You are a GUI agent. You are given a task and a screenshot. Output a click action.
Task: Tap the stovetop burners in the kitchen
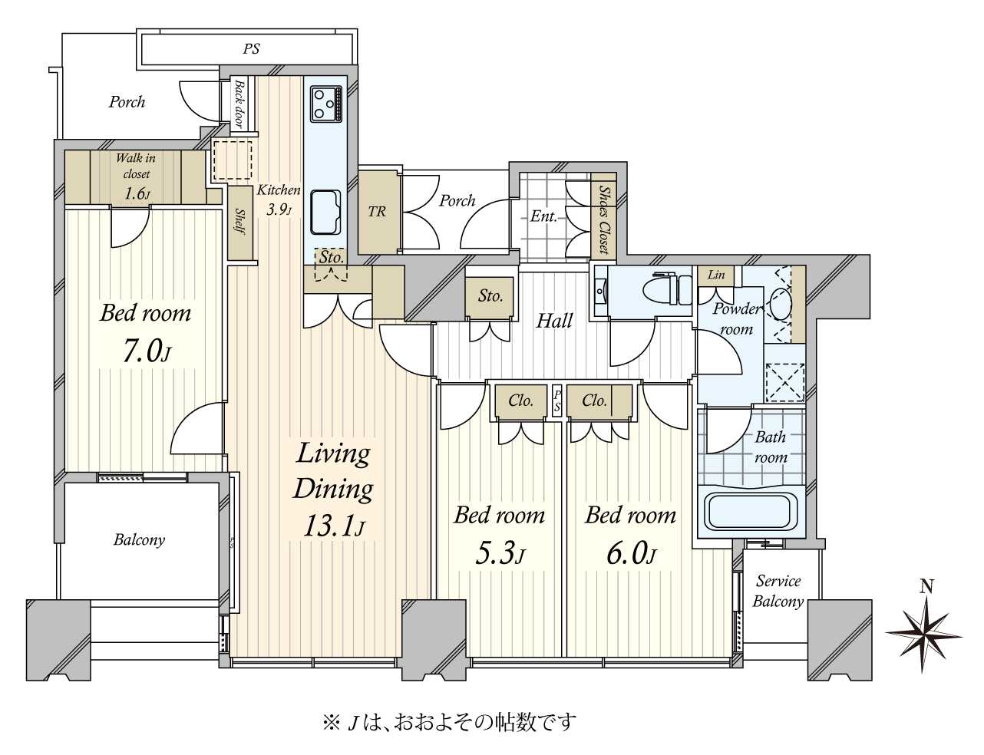click(326, 104)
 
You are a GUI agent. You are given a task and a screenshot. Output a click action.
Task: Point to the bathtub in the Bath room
click(751, 511)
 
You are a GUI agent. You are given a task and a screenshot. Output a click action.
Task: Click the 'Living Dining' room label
click(333, 472)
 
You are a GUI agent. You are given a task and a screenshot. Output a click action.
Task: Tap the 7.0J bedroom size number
click(146, 353)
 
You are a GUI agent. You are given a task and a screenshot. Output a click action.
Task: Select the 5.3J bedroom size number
click(500, 554)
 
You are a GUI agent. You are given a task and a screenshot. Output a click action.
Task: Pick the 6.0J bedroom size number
click(631, 554)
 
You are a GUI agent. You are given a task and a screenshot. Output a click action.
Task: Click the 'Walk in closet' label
click(136, 166)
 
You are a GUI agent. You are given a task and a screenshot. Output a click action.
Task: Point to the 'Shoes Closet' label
click(603, 219)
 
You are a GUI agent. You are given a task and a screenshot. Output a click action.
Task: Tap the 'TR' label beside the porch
click(377, 211)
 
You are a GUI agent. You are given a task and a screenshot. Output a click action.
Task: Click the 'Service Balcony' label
click(778, 591)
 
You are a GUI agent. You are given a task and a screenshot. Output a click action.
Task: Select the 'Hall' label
click(554, 321)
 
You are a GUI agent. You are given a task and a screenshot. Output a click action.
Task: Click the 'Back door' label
click(239, 104)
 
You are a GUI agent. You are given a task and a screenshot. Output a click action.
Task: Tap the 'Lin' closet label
click(716, 275)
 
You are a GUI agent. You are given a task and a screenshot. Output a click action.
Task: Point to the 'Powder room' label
click(737, 318)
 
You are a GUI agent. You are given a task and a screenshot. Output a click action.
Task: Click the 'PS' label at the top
click(251, 48)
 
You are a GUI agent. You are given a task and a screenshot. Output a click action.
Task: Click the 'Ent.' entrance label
click(543, 216)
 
